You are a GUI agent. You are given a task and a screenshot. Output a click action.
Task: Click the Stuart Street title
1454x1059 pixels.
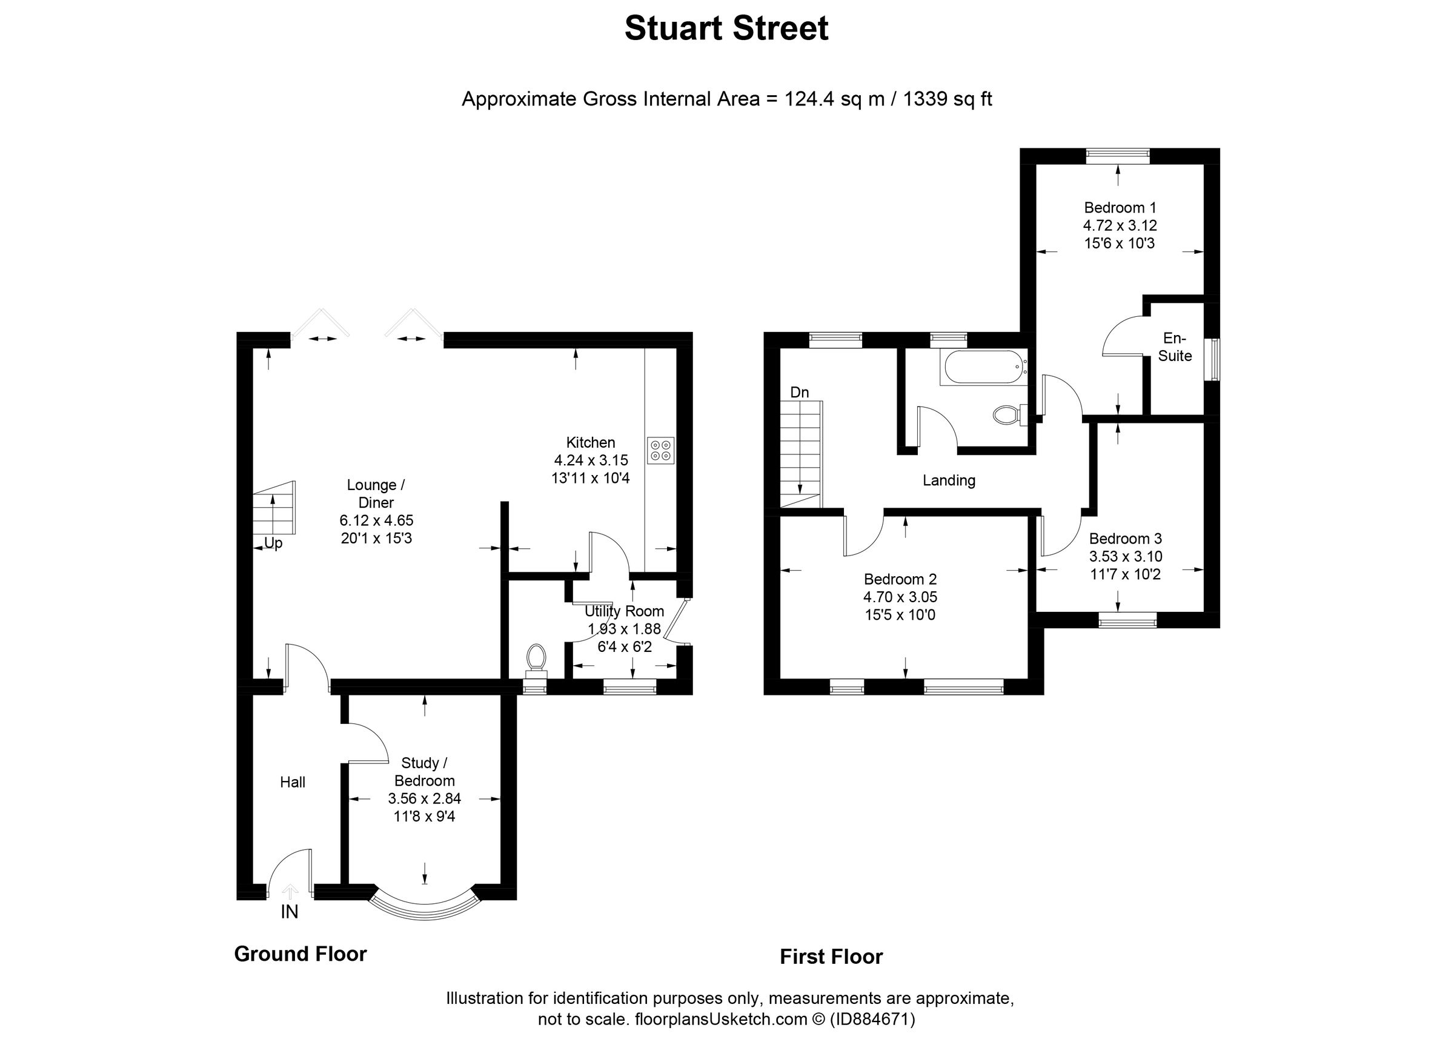tap(726, 29)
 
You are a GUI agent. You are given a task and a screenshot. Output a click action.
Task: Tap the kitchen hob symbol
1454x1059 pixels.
tap(661, 450)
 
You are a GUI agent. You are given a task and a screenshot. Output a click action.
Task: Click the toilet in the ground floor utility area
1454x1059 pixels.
tap(536, 659)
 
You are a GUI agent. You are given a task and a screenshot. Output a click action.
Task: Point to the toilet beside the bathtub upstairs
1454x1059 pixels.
tap(1006, 415)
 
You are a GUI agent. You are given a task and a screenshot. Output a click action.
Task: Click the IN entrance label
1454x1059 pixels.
tap(290, 912)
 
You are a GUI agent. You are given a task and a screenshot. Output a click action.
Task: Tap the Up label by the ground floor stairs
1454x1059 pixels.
tap(273, 543)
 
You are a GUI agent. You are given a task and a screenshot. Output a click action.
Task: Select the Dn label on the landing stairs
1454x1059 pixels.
tap(800, 393)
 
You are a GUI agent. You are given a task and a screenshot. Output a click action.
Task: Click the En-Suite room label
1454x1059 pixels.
tap(1175, 347)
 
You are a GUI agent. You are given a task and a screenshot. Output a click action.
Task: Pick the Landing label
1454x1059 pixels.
tap(949, 480)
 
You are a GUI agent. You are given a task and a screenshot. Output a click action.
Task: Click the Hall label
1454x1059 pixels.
tap(293, 782)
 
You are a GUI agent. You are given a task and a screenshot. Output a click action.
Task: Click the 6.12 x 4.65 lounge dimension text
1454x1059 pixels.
tap(376, 520)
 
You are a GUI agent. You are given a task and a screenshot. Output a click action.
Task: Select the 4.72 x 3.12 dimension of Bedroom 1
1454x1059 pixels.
tap(1120, 225)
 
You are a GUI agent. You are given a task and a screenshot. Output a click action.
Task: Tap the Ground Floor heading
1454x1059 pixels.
tap(300, 954)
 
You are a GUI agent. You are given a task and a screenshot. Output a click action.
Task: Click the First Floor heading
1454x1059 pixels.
tap(831, 957)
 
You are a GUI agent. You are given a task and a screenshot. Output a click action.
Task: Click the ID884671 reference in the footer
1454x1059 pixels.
tap(872, 1019)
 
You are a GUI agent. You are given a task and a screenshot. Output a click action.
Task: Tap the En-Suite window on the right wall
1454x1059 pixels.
tap(1212, 360)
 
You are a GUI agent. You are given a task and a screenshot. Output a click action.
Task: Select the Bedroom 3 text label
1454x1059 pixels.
tap(1125, 539)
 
